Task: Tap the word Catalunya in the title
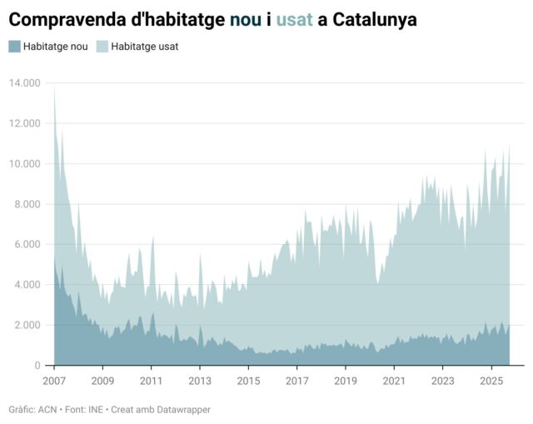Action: point(375,18)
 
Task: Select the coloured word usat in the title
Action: point(295,18)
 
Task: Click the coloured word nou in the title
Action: point(246,18)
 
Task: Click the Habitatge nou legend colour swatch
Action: point(15,47)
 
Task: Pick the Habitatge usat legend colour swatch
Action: point(102,47)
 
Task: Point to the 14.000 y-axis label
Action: point(25,82)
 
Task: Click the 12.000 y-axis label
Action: point(25,123)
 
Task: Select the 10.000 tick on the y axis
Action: point(25,163)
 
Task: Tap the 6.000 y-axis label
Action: point(27,244)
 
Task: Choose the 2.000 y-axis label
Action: point(27,325)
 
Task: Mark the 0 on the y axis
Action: point(37,366)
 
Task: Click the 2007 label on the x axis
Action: point(54,381)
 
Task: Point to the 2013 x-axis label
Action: point(200,381)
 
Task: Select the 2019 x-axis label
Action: point(346,381)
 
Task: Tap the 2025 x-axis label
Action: point(491,381)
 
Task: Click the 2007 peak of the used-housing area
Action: point(55,87)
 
